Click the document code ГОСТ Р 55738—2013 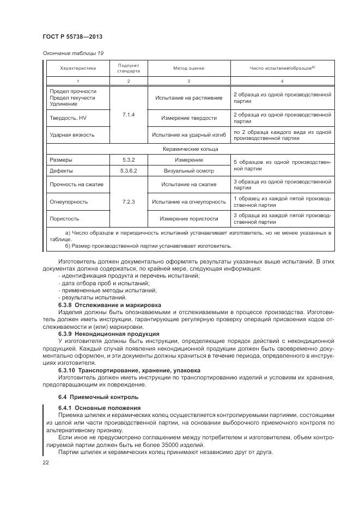coord(72,36)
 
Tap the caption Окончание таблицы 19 coord(73,53)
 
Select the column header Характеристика coord(78,68)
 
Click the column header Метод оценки coord(188,68)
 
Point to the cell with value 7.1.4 coord(129,115)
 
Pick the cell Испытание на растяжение coord(188,98)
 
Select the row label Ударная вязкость coord(72,134)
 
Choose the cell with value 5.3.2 coord(129,160)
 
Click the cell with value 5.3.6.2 coord(129,171)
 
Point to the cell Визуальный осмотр coord(188,171)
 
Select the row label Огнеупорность coord(69,201)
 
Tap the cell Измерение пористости coord(188,218)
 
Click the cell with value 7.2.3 coord(129,201)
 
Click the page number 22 coord(45,462)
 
